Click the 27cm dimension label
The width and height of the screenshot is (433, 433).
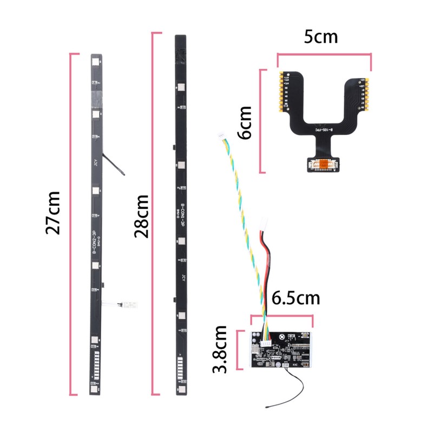point(53,212)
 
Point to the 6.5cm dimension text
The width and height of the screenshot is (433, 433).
point(296,298)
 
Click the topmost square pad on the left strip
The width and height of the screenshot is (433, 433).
point(95,62)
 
